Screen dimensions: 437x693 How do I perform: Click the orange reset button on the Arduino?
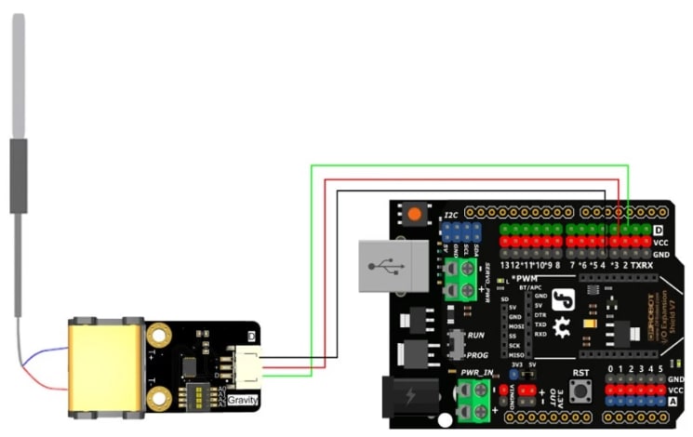pyautogui.click(x=413, y=215)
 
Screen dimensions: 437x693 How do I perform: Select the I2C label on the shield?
pyautogui.click(x=451, y=215)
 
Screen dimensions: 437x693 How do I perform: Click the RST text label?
pyautogui.click(x=581, y=372)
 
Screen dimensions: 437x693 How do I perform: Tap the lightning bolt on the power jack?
pyautogui.click(x=410, y=401)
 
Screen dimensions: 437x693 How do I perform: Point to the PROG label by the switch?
pyautogui.click(x=478, y=354)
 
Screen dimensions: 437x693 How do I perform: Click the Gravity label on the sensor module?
pyautogui.click(x=244, y=400)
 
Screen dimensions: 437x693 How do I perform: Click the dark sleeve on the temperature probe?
pyautogui.click(x=18, y=177)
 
